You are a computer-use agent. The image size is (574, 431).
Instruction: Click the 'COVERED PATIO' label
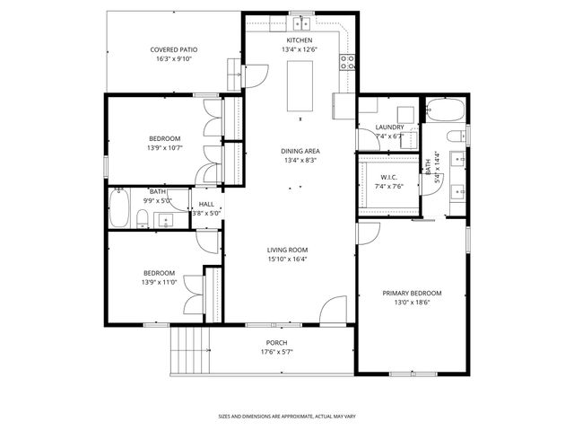[x=174, y=49]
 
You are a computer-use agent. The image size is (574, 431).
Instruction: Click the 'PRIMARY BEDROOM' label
[x=412, y=294]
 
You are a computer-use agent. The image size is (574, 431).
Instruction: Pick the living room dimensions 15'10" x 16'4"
[x=287, y=259]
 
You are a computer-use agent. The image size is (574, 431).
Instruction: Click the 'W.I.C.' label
[x=388, y=177]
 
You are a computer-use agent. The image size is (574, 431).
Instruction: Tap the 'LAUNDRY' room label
[x=389, y=128]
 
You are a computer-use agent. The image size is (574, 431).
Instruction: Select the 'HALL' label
[x=206, y=204]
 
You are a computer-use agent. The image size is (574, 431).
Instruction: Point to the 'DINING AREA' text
[x=300, y=151]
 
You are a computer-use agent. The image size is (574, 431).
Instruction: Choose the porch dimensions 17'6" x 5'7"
[x=276, y=352]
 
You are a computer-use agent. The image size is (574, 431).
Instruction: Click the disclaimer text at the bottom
[x=287, y=416]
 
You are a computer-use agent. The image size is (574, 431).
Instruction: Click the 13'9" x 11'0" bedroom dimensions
[x=158, y=282]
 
